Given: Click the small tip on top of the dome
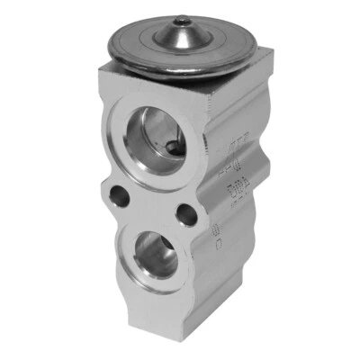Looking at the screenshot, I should click(x=184, y=20).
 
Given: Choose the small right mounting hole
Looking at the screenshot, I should click(x=184, y=215).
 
